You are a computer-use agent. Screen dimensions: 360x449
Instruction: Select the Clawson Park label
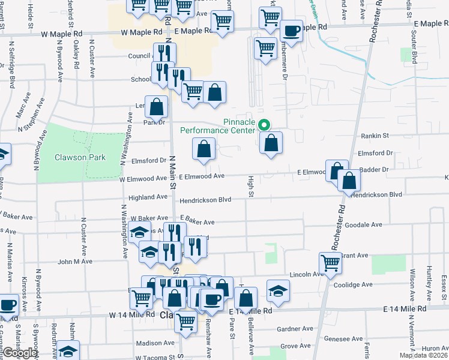(80, 157)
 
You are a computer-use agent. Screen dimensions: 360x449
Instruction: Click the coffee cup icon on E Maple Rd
(291, 31)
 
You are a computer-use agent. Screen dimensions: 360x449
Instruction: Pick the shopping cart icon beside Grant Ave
(330, 263)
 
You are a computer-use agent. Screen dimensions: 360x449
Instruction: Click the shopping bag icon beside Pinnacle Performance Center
(271, 143)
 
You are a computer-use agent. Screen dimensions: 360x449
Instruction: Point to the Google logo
(19, 353)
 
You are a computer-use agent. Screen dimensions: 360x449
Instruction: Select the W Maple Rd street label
(141, 32)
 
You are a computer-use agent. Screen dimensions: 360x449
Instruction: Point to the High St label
(251, 185)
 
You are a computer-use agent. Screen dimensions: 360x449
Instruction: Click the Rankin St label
(376, 136)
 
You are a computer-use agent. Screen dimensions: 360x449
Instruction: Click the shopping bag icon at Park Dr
(156, 107)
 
